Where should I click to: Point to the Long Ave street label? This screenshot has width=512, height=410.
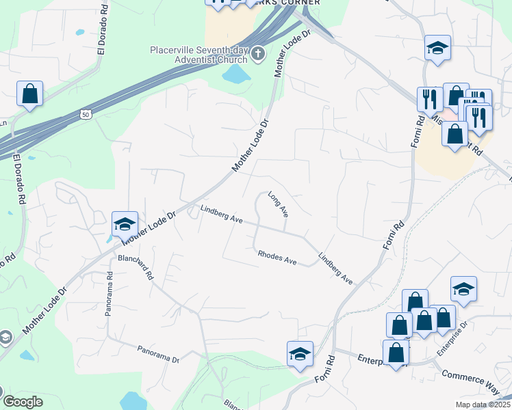[x=278, y=204]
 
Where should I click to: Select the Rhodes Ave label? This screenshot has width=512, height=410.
[x=277, y=258]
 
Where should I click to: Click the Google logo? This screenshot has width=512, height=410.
[x=23, y=402]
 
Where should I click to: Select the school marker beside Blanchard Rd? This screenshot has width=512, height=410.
[x=125, y=224]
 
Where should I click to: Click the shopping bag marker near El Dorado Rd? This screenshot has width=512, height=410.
[x=30, y=94]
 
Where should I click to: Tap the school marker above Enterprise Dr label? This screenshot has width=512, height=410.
[x=463, y=289]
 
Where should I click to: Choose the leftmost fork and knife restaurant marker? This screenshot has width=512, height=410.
[x=430, y=99]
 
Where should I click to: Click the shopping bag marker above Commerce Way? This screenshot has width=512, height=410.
[x=396, y=353]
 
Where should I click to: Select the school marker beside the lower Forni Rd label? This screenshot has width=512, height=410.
[x=300, y=354]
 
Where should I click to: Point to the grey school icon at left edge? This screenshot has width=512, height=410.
[x=5, y=338]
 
